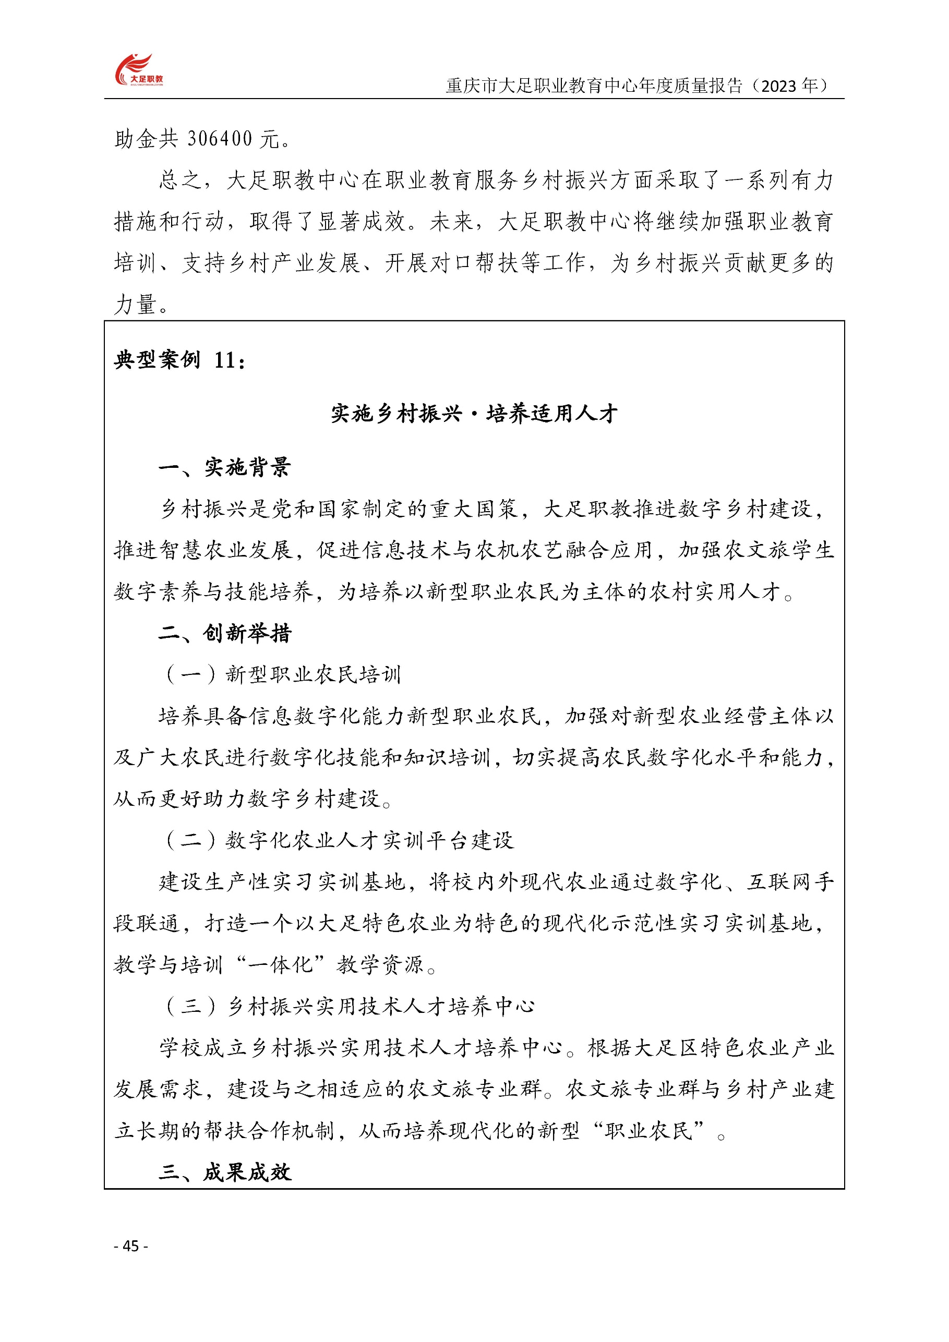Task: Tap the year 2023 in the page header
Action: pyautogui.click(x=779, y=87)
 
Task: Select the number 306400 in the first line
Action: pyautogui.click(x=220, y=139)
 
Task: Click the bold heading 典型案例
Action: pyautogui.click(x=157, y=360)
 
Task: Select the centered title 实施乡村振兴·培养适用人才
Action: pyautogui.click(x=474, y=414)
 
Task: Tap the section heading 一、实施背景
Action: pyautogui.click(x=224, y=467)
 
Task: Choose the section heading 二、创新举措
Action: pyautogui.click(x=224, y=633)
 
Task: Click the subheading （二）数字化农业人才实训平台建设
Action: pyautogui.click(x=339, y=840)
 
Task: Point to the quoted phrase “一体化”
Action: pyautogui.click(x=280, y=964)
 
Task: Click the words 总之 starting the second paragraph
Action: pyautogui.click(x=181, y=180)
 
